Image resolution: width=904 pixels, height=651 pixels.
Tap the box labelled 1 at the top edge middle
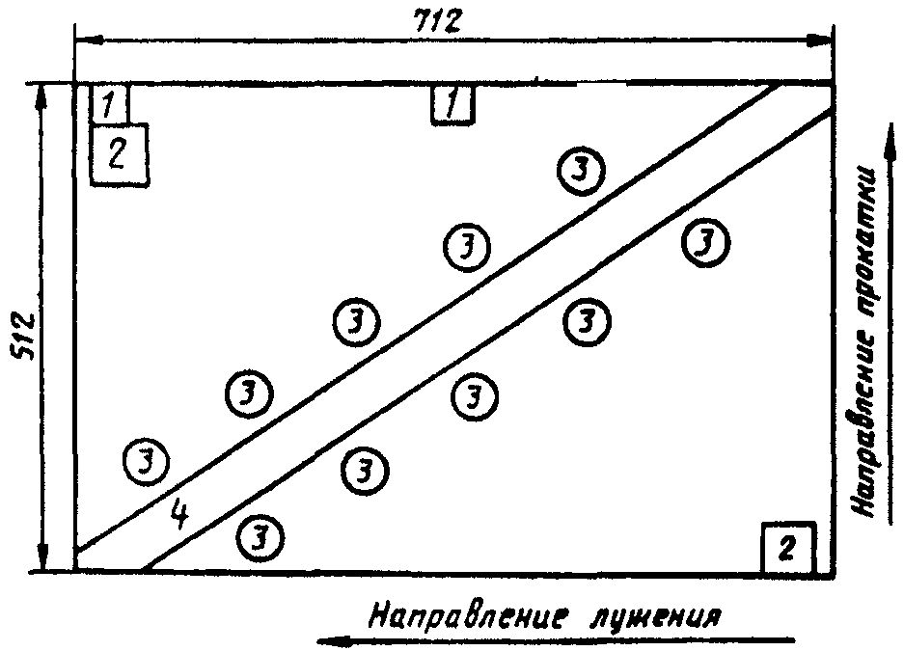(452, 104)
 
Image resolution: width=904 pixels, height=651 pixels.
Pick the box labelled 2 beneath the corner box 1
(120, 154)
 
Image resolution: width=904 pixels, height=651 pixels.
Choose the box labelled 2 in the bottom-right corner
(788, 548)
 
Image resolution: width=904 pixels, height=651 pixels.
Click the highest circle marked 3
(581, 169)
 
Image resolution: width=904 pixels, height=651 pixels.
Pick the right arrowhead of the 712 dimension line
(821, 41)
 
